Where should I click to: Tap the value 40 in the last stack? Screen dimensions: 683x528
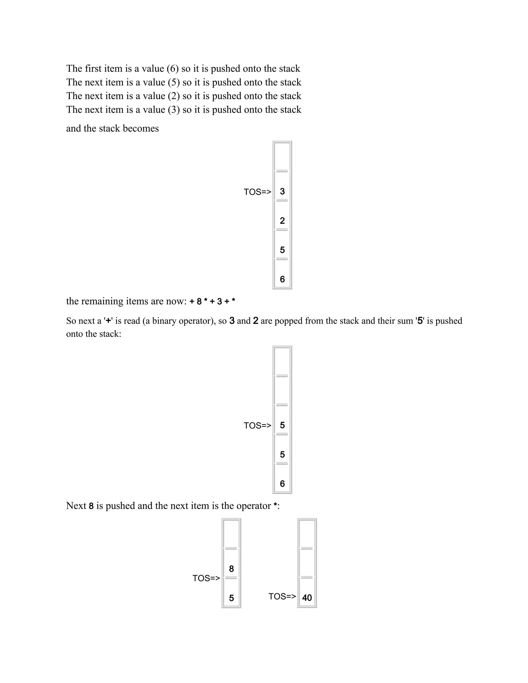pyautogui.click(x=307, y=598)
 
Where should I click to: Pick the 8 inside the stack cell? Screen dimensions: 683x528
pyautogui.click(x=232, y=569)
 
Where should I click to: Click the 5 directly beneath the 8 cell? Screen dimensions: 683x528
pyautogui.click(x=232, y=598)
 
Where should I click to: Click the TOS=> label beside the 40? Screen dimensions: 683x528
pyautogui.click(x=282, y=596)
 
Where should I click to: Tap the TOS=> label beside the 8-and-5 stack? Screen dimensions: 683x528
pyautogui.click(x=206, y=578)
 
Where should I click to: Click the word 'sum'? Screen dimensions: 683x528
pyautogui.click(x=406, y=321)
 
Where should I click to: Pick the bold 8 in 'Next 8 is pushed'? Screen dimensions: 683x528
pyautogui.click(x=91, y=506)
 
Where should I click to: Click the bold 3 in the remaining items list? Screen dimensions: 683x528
pyautogui.click(x=219, y=302)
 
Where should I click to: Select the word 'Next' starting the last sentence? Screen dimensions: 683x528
pyautogui.click(x=76, y=506)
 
